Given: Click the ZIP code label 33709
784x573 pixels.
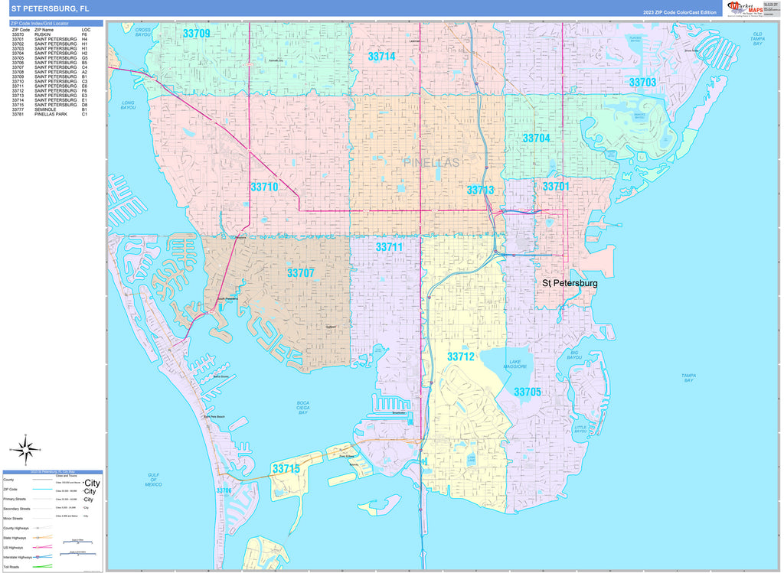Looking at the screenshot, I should pyautogui.click(x=196, y=34).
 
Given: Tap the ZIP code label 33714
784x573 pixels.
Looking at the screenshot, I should pyautogui.click(x=381, y=57).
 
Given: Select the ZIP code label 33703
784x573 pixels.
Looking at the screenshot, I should pyautogui.click(x=642, y=82).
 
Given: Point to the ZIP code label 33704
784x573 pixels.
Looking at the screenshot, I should pyautogui.click(x=536, y=138).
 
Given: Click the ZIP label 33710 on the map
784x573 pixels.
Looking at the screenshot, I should pyautogui.click(x=264, y=187).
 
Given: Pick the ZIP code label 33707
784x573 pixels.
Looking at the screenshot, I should pyautogui.click(x=300, y=272).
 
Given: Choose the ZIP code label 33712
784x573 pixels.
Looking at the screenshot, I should pyautogui.click(x=461, y=357).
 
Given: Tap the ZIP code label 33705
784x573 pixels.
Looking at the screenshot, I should pyautogui.click(x=528, y=392).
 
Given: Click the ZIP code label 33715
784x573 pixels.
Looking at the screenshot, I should pyautogui.click(x=286, y=468).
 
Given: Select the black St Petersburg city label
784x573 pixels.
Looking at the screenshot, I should pyautogui.click(x=570, y=283).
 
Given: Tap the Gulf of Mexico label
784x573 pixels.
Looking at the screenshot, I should pyautogui.click(x=154, y=480).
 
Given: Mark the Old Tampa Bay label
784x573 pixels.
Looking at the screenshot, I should pyautogui.click(x=757, y=39).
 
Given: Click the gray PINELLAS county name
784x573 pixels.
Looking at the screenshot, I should pyautogui.click(x=432, y=162).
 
